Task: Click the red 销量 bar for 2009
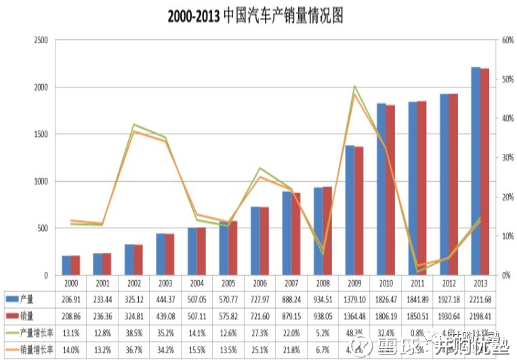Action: coord(358,211)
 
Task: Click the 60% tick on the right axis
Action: coord(505,41)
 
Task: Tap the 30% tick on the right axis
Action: coord(505,158)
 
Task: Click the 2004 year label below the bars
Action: coord(197,282)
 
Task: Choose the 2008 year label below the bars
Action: coord(323,282)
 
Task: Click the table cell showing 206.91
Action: coord(71,298)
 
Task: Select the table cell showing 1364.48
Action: coord(354,316)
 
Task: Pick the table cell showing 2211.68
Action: coord(480,298)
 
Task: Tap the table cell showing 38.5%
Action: coord(134,334)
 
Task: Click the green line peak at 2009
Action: coord(354,86)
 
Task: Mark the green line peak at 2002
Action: coord(134,125)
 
